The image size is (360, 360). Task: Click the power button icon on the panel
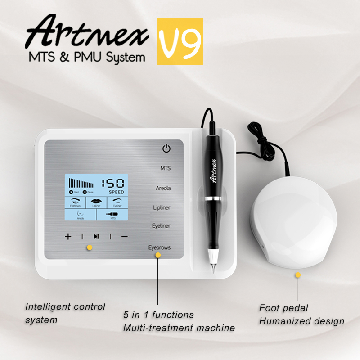pyautogui.click(x=166, y=148)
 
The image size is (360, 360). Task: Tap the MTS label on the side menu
pyautogui.click(x=165, y=168)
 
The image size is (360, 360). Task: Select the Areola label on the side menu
pyautogui.click(x=163, y=188)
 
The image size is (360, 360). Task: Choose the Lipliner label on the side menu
pyautogui.click(x=162, y=207)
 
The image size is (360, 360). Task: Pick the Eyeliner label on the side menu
pyautogui.click(x=161, y=226)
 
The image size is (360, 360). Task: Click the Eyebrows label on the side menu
pyautogui.click(x=160, y=247)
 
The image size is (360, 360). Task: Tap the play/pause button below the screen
pyautogui.click(x=96, y=236)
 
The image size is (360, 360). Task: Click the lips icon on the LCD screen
pyautogui.click(x=96, y=201)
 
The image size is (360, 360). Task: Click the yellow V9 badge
pyautogui.click(x=180, y=40)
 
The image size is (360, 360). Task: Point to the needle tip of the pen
pyautogui.click(x=213, y=270)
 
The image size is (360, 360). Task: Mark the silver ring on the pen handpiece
pyautogui.click(x=211, y=198)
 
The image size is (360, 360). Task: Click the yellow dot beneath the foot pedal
pyautogui.click(x=297, y=274)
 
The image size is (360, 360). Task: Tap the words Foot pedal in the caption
pyautogui.click(x=283, y=308)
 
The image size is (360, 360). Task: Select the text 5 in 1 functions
pyautogui.click(x=159, y=315)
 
